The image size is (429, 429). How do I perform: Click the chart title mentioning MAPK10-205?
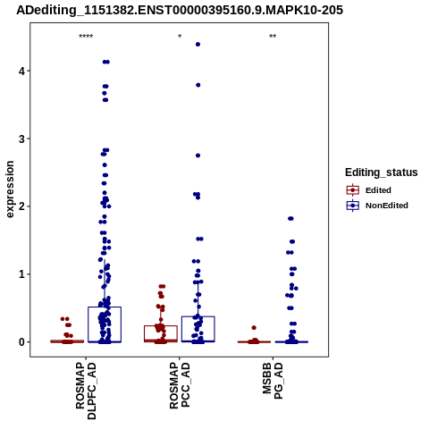pyautogui.click(x=180, y=11)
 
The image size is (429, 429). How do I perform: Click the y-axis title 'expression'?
pyautogui.click(x=10, y=189)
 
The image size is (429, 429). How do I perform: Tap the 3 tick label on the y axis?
pyautogui.click(x=22, y=139)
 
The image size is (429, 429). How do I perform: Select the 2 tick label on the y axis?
pyautogui.click(x=22, y=206)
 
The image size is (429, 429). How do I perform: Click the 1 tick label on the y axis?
pyautogui.click(x=22, y=274)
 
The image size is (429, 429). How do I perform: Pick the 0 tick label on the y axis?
pyautogui.click(x=22, y=341)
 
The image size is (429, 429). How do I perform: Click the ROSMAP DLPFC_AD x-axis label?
pyautogui.click(x=86, y=391)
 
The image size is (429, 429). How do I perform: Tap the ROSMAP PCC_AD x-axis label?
pyautogui.click(x=180, y=385)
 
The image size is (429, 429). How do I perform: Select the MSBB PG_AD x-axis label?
pyautogui.click(x=273, y=381)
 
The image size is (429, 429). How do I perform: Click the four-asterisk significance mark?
pyautogui.click(x=86, y=37)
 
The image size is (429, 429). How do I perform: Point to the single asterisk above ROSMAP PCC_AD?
pyautogui.click(x=180, y=37)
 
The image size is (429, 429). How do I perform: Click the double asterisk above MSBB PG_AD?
pyautogui.click(x=273, y=37)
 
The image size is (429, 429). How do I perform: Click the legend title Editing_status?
pyautogui.click(x=382, y=172)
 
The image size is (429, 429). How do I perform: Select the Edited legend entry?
pyautogui.click(x=368, y=190)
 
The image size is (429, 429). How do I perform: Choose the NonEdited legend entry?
pyautogui.click(x=377, y=206)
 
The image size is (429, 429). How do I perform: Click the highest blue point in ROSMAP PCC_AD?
pyautogui.click(x=198, y=45)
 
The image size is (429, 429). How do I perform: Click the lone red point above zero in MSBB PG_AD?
pyautogui.click(x=254, y=328)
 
